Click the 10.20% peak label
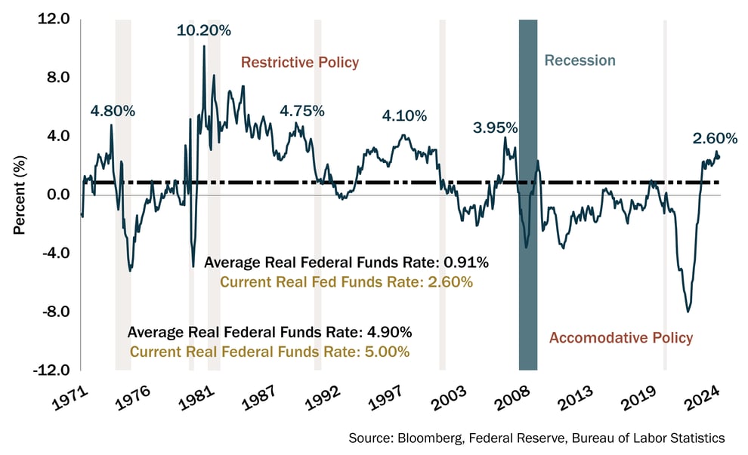click(204, 31)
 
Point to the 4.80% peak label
click(113, 111)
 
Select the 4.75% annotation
click(302, 111)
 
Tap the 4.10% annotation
click(404, 116)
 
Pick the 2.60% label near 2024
click(715, 138)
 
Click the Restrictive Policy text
click(300, 62)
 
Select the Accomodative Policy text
click(620, 337)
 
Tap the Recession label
click(580, 60)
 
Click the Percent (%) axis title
click(20, 195)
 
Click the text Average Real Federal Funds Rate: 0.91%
click(347, 263)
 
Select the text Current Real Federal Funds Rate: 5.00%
click(270, 352)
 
